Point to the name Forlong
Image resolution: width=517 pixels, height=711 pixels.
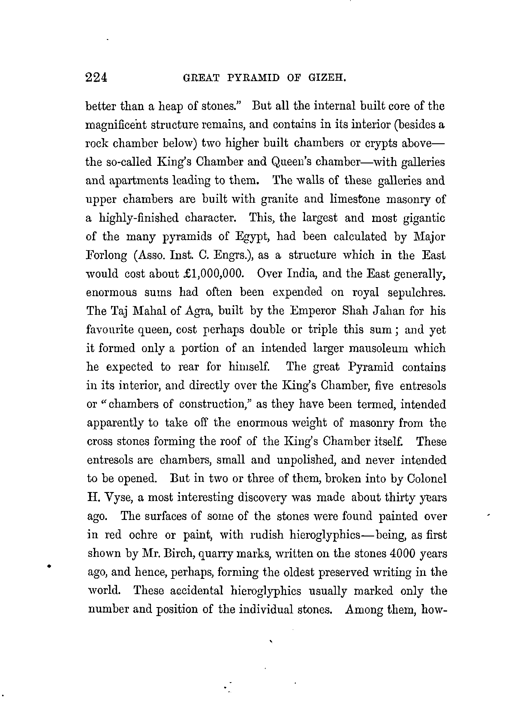tap(107, 256)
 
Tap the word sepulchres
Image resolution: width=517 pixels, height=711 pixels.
tap(416, 293)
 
